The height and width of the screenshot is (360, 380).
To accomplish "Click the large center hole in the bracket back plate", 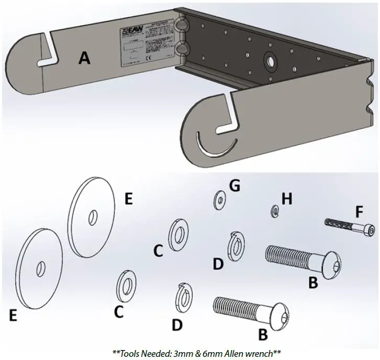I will pos(271,60).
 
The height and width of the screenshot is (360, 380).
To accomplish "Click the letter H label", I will pos(286,199).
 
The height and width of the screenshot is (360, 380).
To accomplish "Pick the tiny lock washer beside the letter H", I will pos(273,211).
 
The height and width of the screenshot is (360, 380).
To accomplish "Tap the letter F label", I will pos(359,213).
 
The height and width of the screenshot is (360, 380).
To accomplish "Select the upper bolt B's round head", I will pos(331,260).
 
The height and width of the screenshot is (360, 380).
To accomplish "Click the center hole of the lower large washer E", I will pos(40,269).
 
